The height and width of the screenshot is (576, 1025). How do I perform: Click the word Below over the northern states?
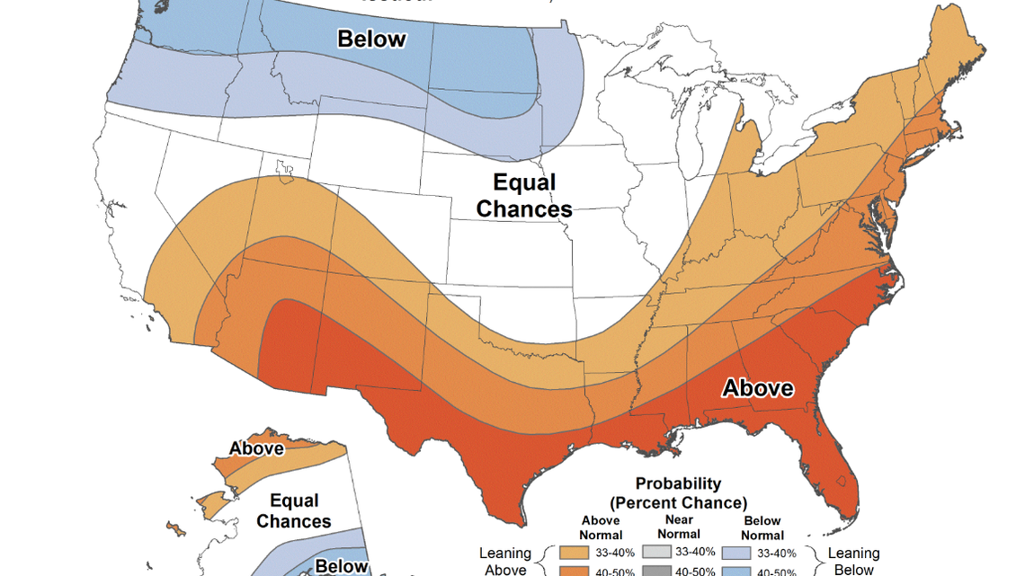click(x=371, y=40)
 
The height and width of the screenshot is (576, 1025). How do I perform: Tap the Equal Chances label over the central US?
click(x=524, y=196)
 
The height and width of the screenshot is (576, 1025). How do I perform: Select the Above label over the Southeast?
click(x=758, y=388)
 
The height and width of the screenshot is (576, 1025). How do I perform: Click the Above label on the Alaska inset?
click(x=256, y=448)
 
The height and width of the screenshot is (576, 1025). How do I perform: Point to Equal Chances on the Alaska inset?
click(x=294, y=510)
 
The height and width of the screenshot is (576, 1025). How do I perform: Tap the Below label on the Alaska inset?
click(x=342, y=566)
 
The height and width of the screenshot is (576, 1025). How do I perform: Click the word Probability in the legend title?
click(x=678, y=483)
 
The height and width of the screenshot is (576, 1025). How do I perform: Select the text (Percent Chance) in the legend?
click(x=678, y=501)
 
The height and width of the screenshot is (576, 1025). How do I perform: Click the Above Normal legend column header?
click(x=602, y=527)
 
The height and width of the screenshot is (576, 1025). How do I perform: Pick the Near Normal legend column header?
click(x=680, y=527)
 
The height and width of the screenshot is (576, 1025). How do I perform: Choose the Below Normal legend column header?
click(x=762, y=527)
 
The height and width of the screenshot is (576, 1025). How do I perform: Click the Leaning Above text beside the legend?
click(x=506, y=561)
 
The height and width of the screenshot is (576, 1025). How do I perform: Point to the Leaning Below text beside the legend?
click(x=854, y=561)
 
